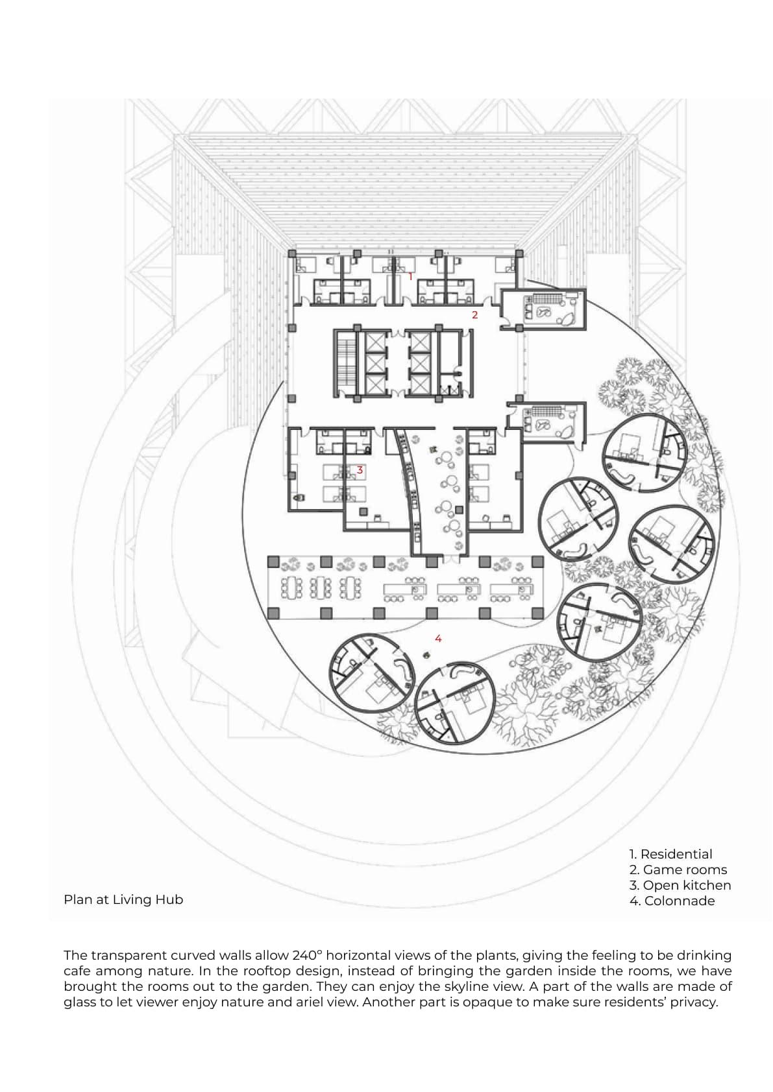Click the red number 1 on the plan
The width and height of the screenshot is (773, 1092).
(410, 276)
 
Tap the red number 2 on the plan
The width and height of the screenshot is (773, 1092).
(474, 315)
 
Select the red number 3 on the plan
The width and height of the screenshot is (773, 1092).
(360, 469)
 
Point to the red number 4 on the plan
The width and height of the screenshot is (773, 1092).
(438, 639)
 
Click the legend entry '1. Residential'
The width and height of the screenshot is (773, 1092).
(670, 854)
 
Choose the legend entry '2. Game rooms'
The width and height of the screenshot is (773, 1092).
(678, 870)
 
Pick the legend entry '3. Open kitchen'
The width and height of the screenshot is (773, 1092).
(680, 885)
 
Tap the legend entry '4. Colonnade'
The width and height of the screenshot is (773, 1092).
(672, 901)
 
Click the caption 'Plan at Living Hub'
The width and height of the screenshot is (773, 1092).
(123, 899)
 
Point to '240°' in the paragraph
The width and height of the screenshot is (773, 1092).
(307, 955)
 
